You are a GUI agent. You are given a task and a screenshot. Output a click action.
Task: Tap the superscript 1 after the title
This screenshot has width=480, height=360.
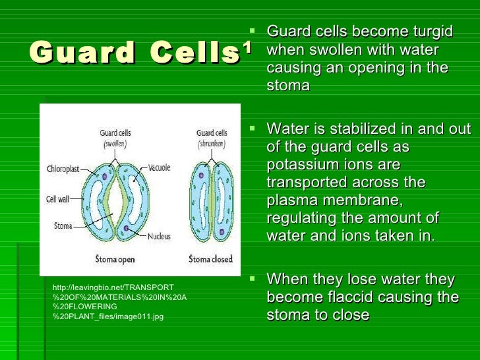[x=247, y=47]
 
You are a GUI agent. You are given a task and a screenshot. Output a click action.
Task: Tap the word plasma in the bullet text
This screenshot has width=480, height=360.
[x=293, y=200]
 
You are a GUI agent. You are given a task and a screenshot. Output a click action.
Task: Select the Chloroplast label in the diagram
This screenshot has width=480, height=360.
[x=63, y=169]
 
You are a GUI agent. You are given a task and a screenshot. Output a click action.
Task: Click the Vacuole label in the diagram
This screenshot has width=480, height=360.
[x=159, y=167]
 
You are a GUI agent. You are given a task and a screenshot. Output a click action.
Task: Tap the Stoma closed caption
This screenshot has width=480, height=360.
[x=210, y=259]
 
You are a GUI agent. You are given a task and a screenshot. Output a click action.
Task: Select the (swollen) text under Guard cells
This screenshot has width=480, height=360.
[x=114, y=142]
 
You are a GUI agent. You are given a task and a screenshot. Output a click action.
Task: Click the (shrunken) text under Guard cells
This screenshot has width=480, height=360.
[x=212, y=142]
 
